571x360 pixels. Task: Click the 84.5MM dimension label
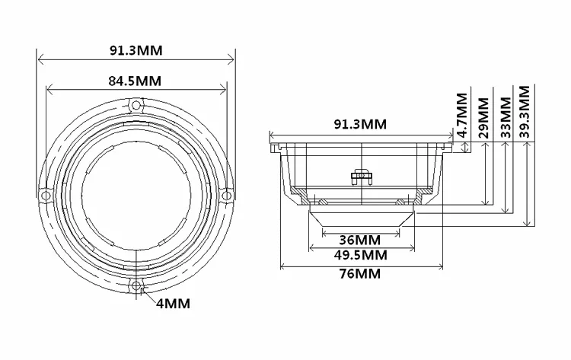(x=135, y=80)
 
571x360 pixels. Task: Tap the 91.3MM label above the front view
(x=136, y=51)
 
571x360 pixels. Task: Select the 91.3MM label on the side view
(x=360, y=123)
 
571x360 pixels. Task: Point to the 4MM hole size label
(x=173, y=304)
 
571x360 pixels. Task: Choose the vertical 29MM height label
(x=483, y=115)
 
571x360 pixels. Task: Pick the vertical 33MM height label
(x=503, y=115)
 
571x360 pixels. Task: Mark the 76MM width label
(x=360, y=273)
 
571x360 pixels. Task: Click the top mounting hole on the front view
(x=136, y=104)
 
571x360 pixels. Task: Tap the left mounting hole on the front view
(x=46, y=196)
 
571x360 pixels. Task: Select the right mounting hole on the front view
(x=225, y=196)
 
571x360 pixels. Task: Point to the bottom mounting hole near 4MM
(x=136, y=286)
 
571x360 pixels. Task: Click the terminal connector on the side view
(x=360, y=176)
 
